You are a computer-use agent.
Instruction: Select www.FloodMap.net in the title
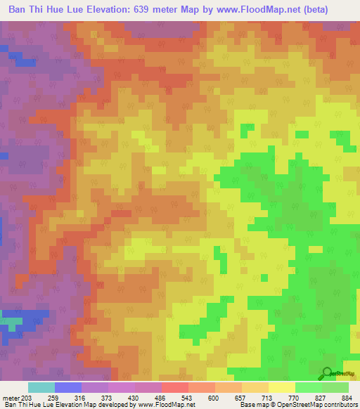pos(264,10)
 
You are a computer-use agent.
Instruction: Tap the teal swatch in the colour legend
pos(41,387)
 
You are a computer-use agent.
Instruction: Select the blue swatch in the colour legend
pos(68,387)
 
